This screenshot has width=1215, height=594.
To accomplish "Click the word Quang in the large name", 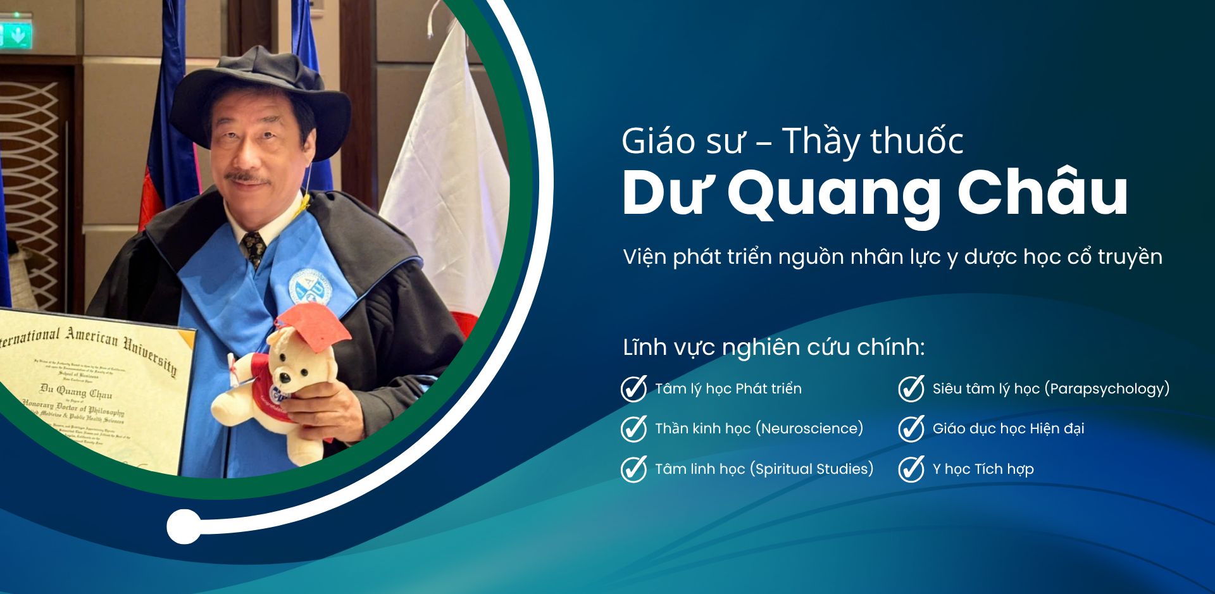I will tap(834, 194).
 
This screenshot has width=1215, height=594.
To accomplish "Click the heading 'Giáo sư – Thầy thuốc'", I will tap(792, 140).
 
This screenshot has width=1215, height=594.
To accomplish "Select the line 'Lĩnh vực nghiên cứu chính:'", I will tap(773, 347).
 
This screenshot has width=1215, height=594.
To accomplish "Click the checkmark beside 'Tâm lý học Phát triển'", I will tap(633, 388).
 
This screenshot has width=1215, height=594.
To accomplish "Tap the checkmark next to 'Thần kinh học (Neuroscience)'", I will tap(633, 428).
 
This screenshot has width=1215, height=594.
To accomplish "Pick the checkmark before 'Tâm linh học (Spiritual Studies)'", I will tap(633, 469).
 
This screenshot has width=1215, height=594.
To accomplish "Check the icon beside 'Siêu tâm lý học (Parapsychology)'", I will tap(911, 388).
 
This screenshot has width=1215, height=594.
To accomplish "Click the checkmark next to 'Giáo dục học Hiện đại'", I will tap(911, 428).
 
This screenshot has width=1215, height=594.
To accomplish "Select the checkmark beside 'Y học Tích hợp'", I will tap(911, 469).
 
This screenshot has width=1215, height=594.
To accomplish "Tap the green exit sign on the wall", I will tap(16, 36).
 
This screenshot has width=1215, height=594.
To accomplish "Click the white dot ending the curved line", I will tap(184, 526).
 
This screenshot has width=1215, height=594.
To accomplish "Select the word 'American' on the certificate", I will tap(92, 335).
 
